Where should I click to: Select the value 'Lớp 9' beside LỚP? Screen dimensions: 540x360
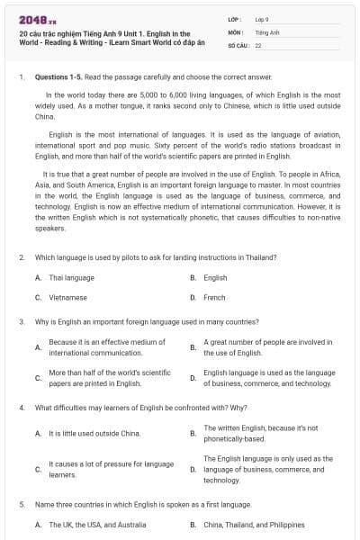[x=264, y=19]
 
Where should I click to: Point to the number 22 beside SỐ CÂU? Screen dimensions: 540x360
[x=258, y=44]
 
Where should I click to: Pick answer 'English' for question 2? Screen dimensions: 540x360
[x=215, y=277]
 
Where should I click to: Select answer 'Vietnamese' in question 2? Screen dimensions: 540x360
[x=67, y=296]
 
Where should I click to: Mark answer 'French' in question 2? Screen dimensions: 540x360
[x=214, y=296]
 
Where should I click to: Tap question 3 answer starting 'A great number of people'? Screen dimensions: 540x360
[x=267, y=346]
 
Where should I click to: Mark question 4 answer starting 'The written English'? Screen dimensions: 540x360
[x=260, y=433]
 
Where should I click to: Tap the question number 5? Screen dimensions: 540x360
[x=22, y=504]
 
